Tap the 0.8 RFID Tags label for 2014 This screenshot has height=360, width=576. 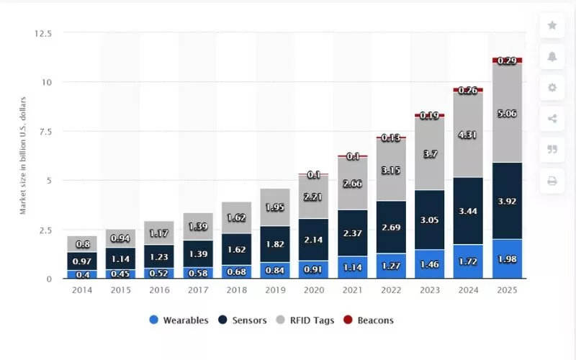82,244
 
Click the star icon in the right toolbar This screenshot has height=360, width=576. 552,25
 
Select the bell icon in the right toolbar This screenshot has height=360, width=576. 552,56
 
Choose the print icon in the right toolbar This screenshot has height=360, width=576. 552,181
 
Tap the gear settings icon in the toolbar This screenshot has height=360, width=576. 552,87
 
